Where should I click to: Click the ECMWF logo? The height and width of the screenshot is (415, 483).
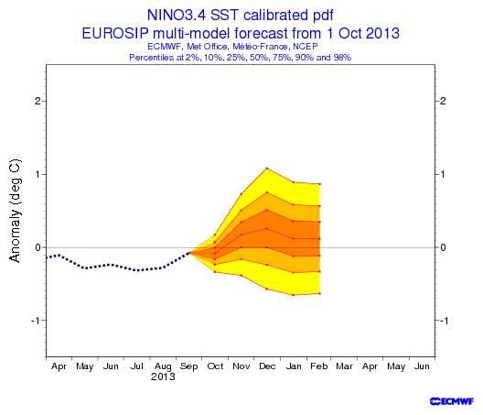[x=452, y=401]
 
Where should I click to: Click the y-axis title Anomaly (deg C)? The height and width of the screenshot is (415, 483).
[x=15, y=211]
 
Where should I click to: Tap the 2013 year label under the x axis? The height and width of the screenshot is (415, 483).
[x=163, y=377]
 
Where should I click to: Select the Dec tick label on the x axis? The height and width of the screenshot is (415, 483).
[x=267, y=366]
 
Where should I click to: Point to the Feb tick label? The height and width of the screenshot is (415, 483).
[x=319, y=366]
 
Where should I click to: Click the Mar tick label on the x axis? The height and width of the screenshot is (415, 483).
[x=344, y=366]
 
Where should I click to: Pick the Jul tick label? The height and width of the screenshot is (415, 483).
[x=137, y=366]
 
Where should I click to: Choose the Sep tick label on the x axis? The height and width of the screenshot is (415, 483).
[x=188, y=366]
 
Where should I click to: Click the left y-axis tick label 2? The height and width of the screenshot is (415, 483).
[x=38, y=101]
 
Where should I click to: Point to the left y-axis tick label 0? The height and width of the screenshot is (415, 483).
[x=38, y=247]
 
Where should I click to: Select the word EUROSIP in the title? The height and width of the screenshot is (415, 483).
[x=115, y=33]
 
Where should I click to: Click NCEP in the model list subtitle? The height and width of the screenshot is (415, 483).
[x=306, y=47]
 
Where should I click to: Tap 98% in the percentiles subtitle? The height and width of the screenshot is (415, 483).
[x=342, y=58]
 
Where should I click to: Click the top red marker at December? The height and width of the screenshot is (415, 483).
[x=267, y=169]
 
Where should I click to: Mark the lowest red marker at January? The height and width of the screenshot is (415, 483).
[x=294, y=295]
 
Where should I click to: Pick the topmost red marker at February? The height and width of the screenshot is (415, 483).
[x=320, y=184]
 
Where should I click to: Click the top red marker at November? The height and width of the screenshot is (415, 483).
[x=241, y=194]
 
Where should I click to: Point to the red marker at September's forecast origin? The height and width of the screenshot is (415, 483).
[x=189, y=253]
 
